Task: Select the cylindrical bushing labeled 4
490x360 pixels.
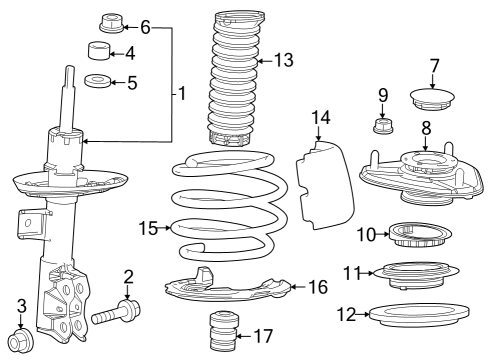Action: coord(101,53)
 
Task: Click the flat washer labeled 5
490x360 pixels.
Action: coord(100,82)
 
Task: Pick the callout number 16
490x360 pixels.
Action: coord(317,288)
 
